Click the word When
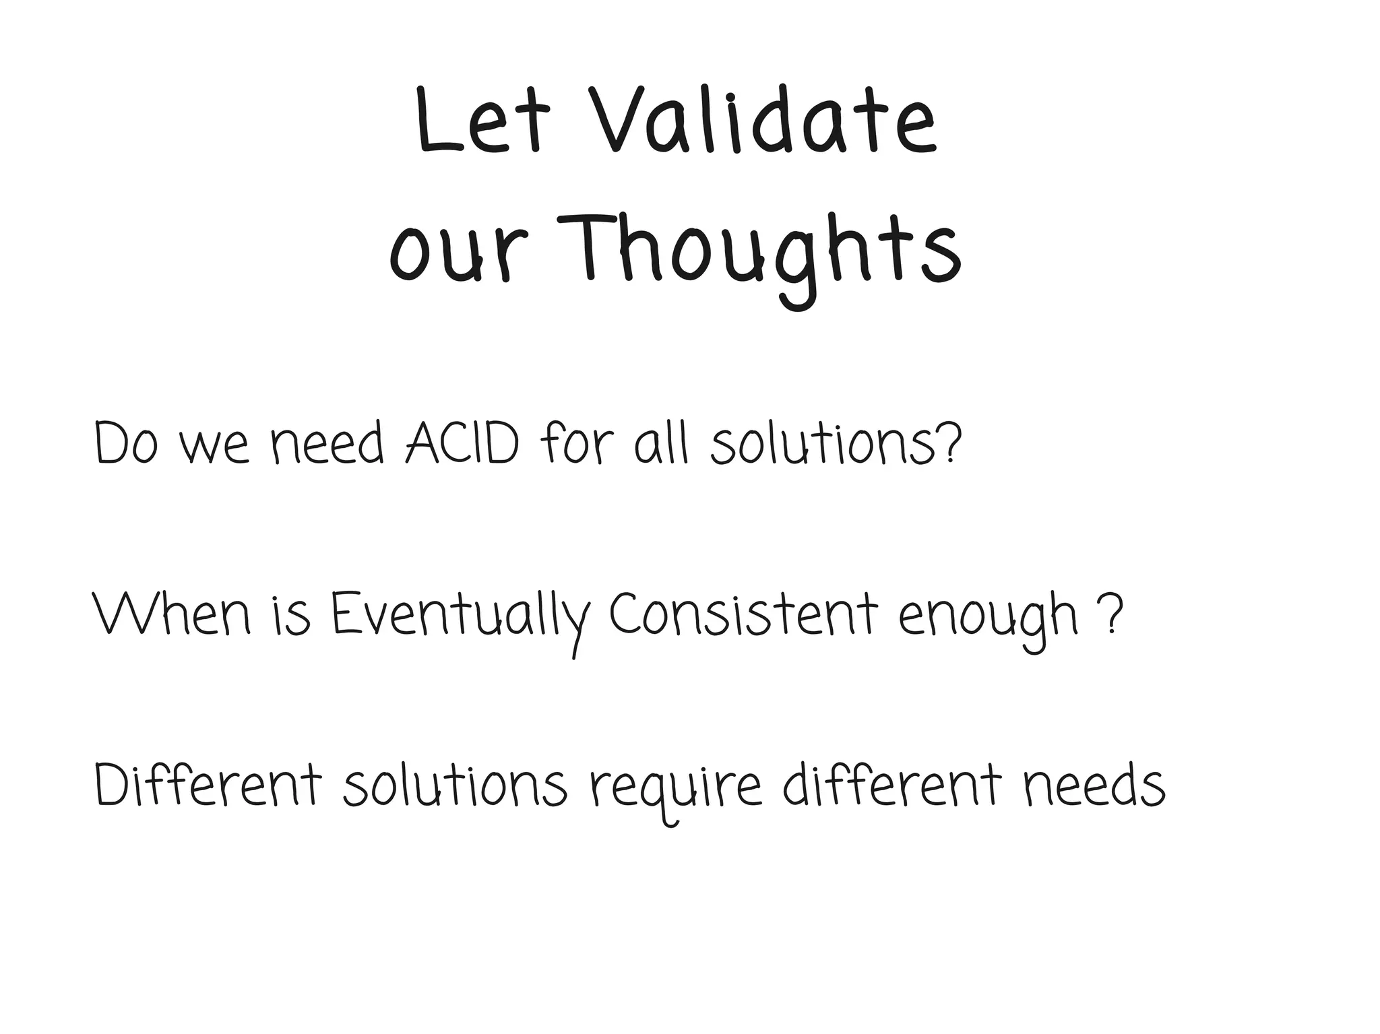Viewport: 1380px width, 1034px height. [x=171, y=615]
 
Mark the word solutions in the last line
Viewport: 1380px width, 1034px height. [x=455, y=785]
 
